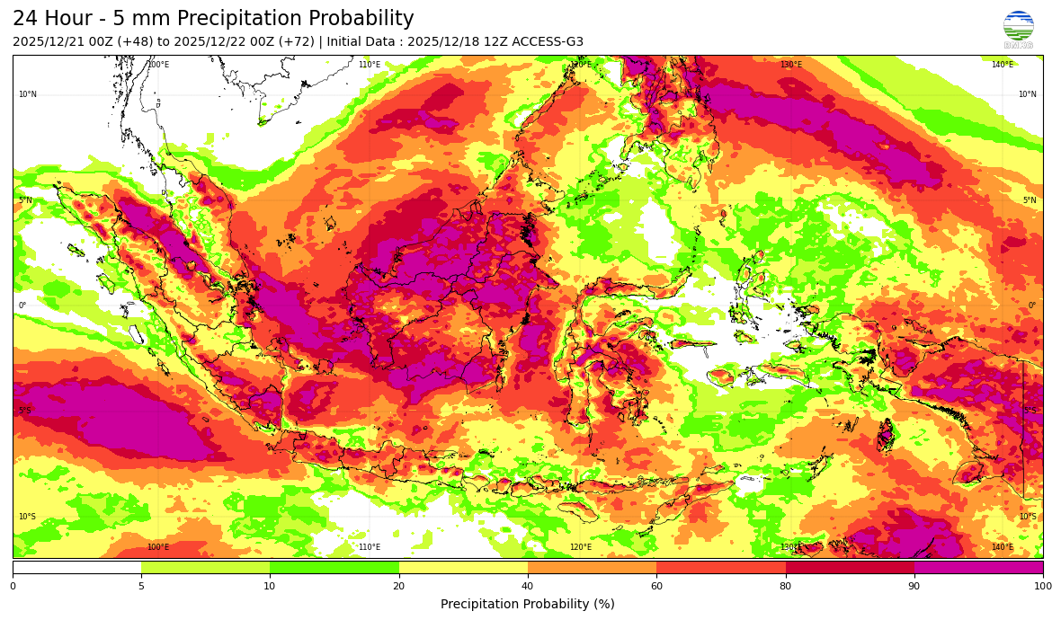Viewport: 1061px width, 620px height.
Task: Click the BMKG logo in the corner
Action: click(x=1018, y=29)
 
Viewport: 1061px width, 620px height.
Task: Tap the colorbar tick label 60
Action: click(x=656, y=587)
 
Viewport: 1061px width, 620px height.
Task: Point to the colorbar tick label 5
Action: click(x=141, y=587)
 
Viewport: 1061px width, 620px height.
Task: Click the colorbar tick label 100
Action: click(x=1043, y=587)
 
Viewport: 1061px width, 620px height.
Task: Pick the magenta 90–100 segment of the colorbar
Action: click(x=978, y=567)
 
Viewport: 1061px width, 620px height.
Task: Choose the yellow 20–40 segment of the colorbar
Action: click(x=463, y=567)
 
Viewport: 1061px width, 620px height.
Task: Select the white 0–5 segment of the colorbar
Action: click(x=76, y=567)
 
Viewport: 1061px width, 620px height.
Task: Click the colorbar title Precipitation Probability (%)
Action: click(x=528, y=605)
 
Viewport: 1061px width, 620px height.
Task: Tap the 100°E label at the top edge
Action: click(x=158, y=65)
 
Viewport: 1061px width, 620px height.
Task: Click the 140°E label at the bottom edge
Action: click(x=1003, y=547)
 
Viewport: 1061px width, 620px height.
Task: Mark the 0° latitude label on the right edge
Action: click(x=1032, y=306)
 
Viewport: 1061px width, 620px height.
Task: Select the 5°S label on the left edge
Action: click(x=25, y=412)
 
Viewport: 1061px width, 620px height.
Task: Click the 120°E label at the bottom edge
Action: click(x=581, y=547)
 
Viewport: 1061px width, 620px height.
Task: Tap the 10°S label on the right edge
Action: click(x=1028, y=517)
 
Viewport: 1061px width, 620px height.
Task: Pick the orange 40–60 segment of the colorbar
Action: click(x=592, y=567)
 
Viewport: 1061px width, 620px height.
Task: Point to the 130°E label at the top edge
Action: click(x=791, y=65)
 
